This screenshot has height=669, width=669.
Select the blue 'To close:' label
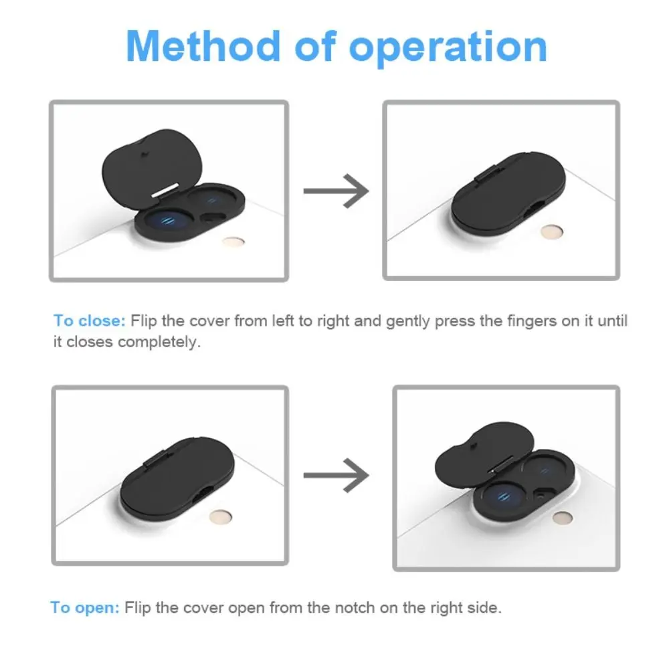click(89, 320)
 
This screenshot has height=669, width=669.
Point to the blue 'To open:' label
click(85, 607)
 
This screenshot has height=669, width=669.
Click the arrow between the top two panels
click(336, 191)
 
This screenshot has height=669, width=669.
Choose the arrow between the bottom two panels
click(336, 475)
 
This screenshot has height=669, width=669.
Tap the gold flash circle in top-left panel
click(233, 242)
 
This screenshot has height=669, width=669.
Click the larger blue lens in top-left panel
click(163, 223)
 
